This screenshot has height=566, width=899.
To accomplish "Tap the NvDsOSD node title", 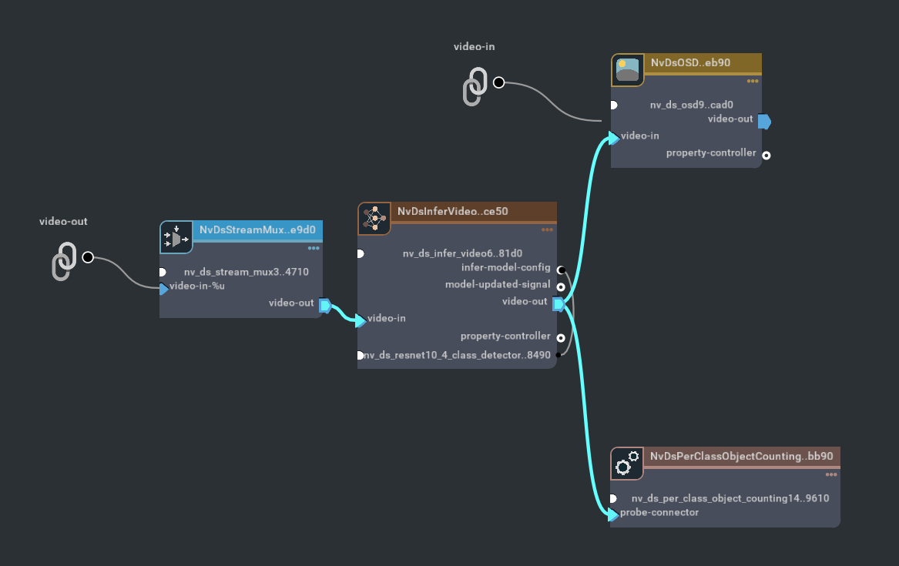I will [690, 62].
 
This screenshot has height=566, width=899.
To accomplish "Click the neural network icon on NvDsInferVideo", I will [374, 219].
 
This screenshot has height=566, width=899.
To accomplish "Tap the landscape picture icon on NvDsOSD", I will [628, 70].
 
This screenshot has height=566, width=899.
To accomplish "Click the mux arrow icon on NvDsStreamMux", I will [176, 238].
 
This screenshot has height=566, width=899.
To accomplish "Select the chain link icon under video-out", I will [65, 262].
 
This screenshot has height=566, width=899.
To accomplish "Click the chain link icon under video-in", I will [475, 86].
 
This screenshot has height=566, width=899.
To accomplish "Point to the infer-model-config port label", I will [505, 268].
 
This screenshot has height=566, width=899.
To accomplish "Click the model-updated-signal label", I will [498, 285].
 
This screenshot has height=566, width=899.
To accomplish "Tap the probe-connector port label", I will [659, 513].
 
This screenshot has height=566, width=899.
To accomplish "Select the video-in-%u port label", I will [197, 286].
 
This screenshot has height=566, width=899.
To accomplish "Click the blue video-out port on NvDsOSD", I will [763, 121].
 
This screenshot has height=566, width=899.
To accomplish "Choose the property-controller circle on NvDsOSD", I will [766, 155].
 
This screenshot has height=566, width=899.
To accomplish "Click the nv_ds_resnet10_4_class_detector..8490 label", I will [457, 355].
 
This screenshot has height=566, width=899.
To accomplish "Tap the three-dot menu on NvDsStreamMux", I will [314, 248].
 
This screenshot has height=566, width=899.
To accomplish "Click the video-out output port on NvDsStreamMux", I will [324, 306].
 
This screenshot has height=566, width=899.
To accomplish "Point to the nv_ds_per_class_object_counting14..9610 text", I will [730, 498].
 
